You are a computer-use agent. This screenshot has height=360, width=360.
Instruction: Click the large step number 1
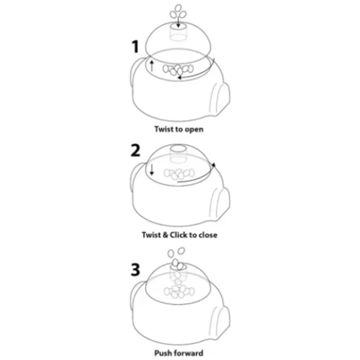pyautogui.click(x=135, y=47)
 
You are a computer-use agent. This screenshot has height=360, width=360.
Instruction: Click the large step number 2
pyautogui.click(x=135, y=150)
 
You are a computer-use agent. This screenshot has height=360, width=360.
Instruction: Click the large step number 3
pyautogui.click(x=135, y=269)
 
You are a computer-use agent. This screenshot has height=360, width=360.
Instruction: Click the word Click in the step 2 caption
pyautogui.click(x=179, y=235)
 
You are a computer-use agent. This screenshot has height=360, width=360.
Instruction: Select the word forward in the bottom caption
pyautogui.click(x=188, y=353)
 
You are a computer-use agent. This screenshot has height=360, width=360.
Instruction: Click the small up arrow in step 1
pyautogui.click(x=152, y=66)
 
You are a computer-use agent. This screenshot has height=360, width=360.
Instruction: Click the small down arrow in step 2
pyautogui.click(x=152, y=169)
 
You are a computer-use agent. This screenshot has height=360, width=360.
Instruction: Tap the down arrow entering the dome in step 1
pyautogui.click(x=178, y=22)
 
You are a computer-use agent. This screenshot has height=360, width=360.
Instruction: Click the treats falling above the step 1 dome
pyautogui.click(x=178, y=12)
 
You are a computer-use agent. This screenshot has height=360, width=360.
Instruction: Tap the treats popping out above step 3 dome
pyautogui.click(x=176, y=259)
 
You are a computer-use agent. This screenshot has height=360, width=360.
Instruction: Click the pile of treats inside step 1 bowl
pyautogui.click(x=178, y=70)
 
